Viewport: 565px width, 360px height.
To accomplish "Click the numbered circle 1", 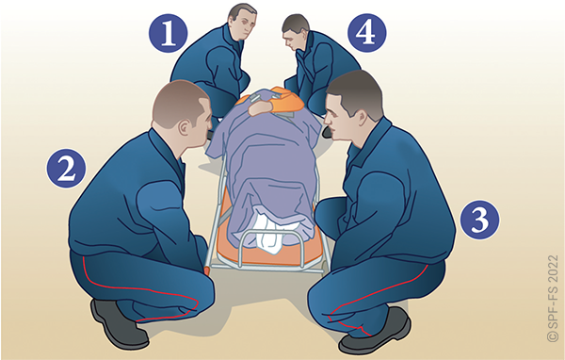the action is point(168,33).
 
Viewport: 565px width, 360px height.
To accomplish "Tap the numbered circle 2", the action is point(66,168).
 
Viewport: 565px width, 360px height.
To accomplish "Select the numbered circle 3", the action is point(480,219).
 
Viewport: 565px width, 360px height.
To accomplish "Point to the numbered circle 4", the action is point(367,32).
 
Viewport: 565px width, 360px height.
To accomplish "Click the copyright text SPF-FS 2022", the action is point(553,299).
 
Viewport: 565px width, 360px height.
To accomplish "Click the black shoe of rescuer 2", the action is point(119,323).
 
